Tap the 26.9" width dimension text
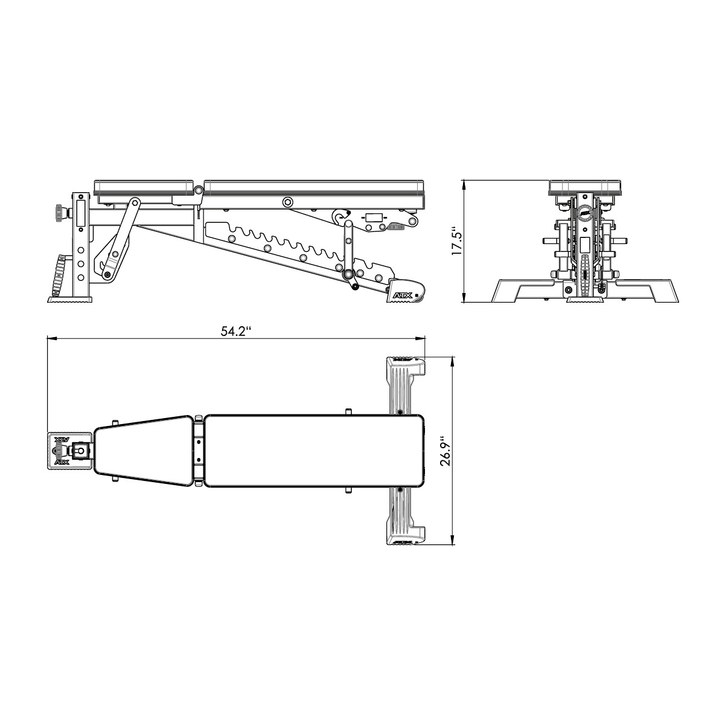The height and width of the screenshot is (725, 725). point(446,450)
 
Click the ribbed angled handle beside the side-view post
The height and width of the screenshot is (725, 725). point(59,273)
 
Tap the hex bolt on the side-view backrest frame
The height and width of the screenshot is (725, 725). point(288,201)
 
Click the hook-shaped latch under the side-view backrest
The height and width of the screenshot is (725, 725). point(341,216)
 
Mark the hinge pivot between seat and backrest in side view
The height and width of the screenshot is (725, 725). point(198,191)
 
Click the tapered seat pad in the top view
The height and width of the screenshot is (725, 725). point(143,450)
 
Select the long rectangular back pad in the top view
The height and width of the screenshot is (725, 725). point(313,450)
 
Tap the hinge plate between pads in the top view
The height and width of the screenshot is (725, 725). point(199,450)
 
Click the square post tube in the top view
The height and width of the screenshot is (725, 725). point(80,450)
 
